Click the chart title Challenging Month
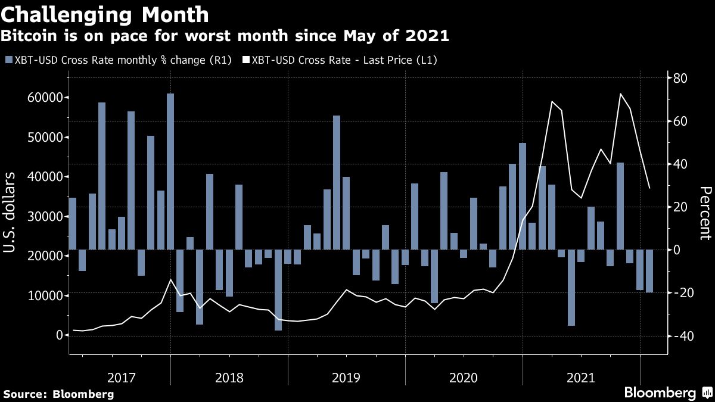[105, 14]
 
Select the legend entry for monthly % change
[117, 60]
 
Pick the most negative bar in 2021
[571, 288]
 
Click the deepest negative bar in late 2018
[278, 290]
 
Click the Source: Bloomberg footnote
[58, 394]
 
